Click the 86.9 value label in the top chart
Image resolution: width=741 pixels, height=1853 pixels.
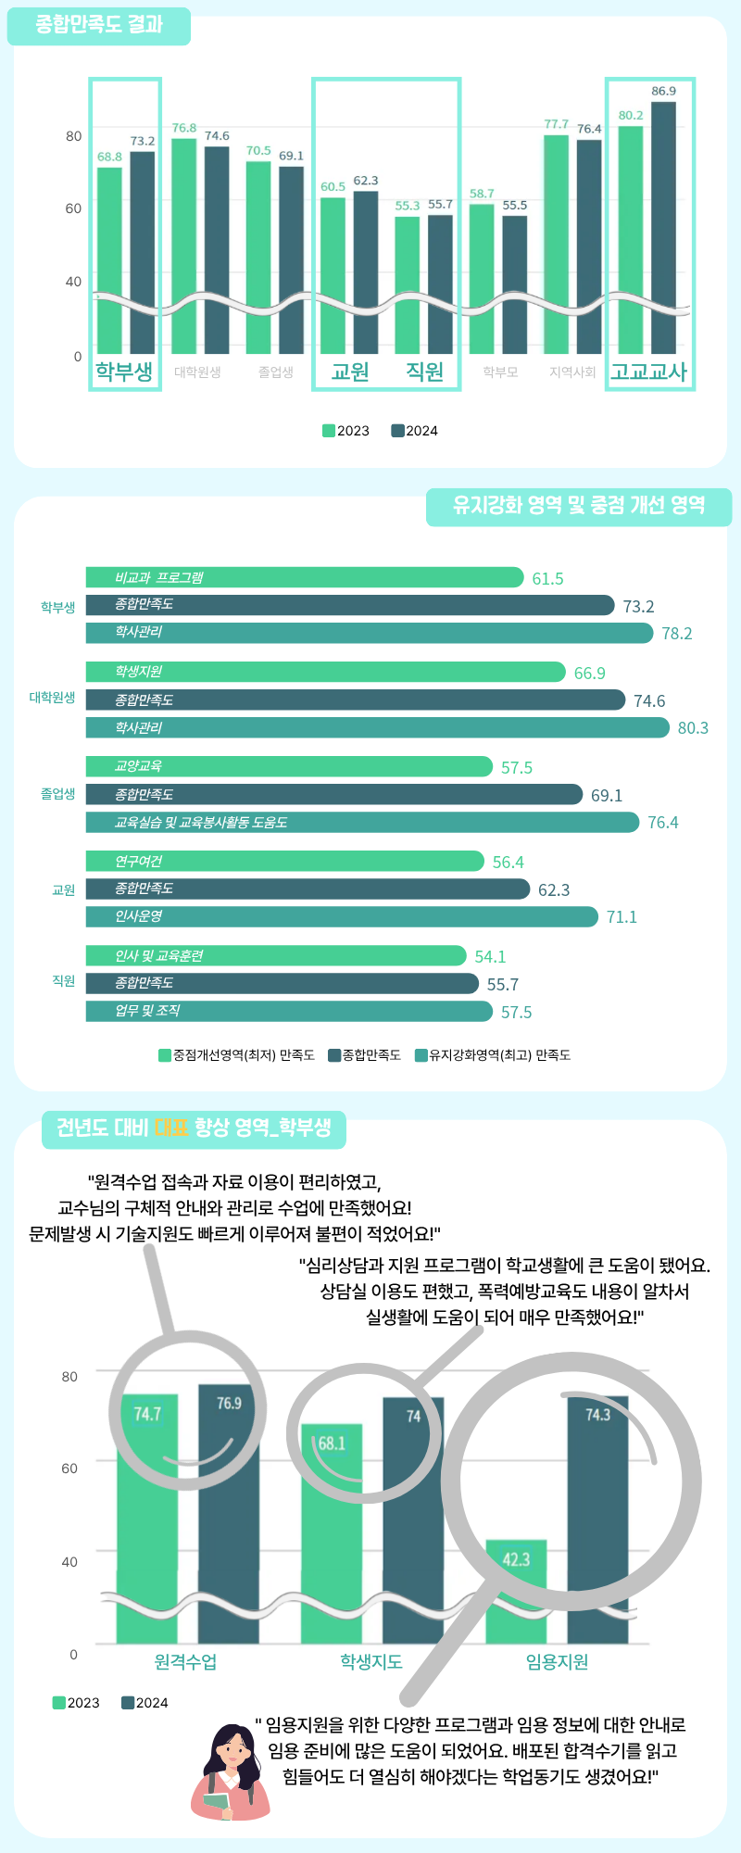point(663,91)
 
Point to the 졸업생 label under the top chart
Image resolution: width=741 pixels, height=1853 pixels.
point(276,372)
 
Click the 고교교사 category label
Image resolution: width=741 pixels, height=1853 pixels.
point(648,372)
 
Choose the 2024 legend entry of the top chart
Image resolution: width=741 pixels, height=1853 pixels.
point(415,431)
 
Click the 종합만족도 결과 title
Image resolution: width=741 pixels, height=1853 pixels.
point(99,25)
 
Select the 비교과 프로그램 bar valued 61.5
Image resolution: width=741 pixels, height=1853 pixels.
point(306,577)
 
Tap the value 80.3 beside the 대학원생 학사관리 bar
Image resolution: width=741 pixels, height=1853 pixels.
point(693,728)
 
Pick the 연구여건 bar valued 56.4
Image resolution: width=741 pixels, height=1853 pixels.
point(285,862)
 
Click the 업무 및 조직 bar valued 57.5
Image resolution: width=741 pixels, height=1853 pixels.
point(289,1011)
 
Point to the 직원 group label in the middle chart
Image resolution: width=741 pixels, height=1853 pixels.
point(64,981)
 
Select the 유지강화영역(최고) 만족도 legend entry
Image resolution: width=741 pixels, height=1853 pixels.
point(493,1055)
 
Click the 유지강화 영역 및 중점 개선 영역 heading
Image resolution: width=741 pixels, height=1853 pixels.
point(579,506)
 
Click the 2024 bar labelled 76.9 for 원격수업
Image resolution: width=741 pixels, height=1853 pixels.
point(229,1519)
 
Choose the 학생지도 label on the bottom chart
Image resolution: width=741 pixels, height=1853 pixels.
point(371,1662)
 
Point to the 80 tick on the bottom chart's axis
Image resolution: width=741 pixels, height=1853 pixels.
point(69,1377)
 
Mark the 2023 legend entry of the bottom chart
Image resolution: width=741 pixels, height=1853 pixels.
point(76,1703)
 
